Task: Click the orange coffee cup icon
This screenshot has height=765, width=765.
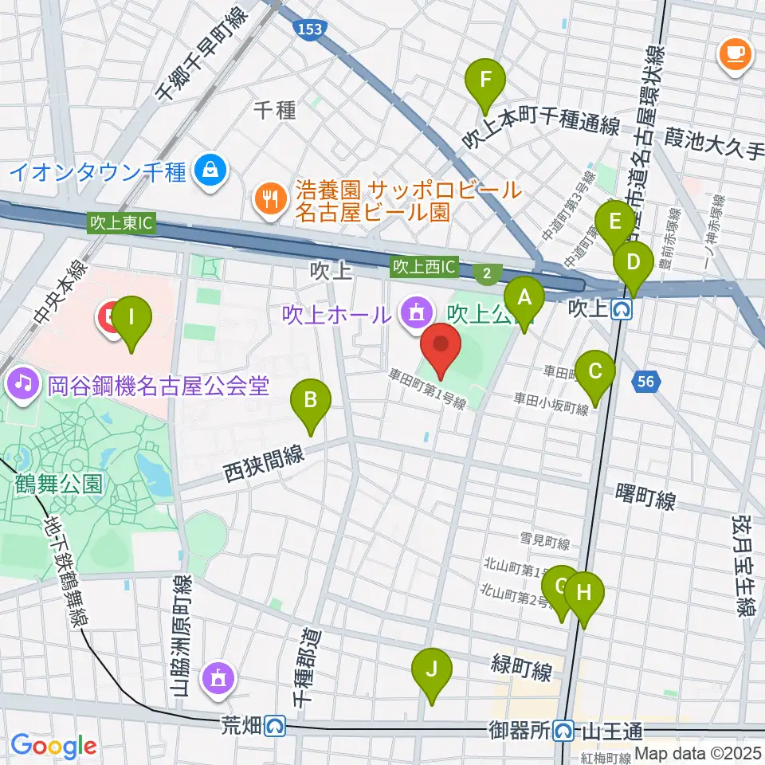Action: [733, 53]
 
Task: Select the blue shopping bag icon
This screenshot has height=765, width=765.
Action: [211, 170]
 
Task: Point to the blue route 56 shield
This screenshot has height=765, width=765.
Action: [647, 383]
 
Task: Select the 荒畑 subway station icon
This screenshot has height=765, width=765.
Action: [276, 725]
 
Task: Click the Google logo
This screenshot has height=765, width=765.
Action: [53, 745]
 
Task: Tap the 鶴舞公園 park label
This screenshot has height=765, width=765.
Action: [60, 484]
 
